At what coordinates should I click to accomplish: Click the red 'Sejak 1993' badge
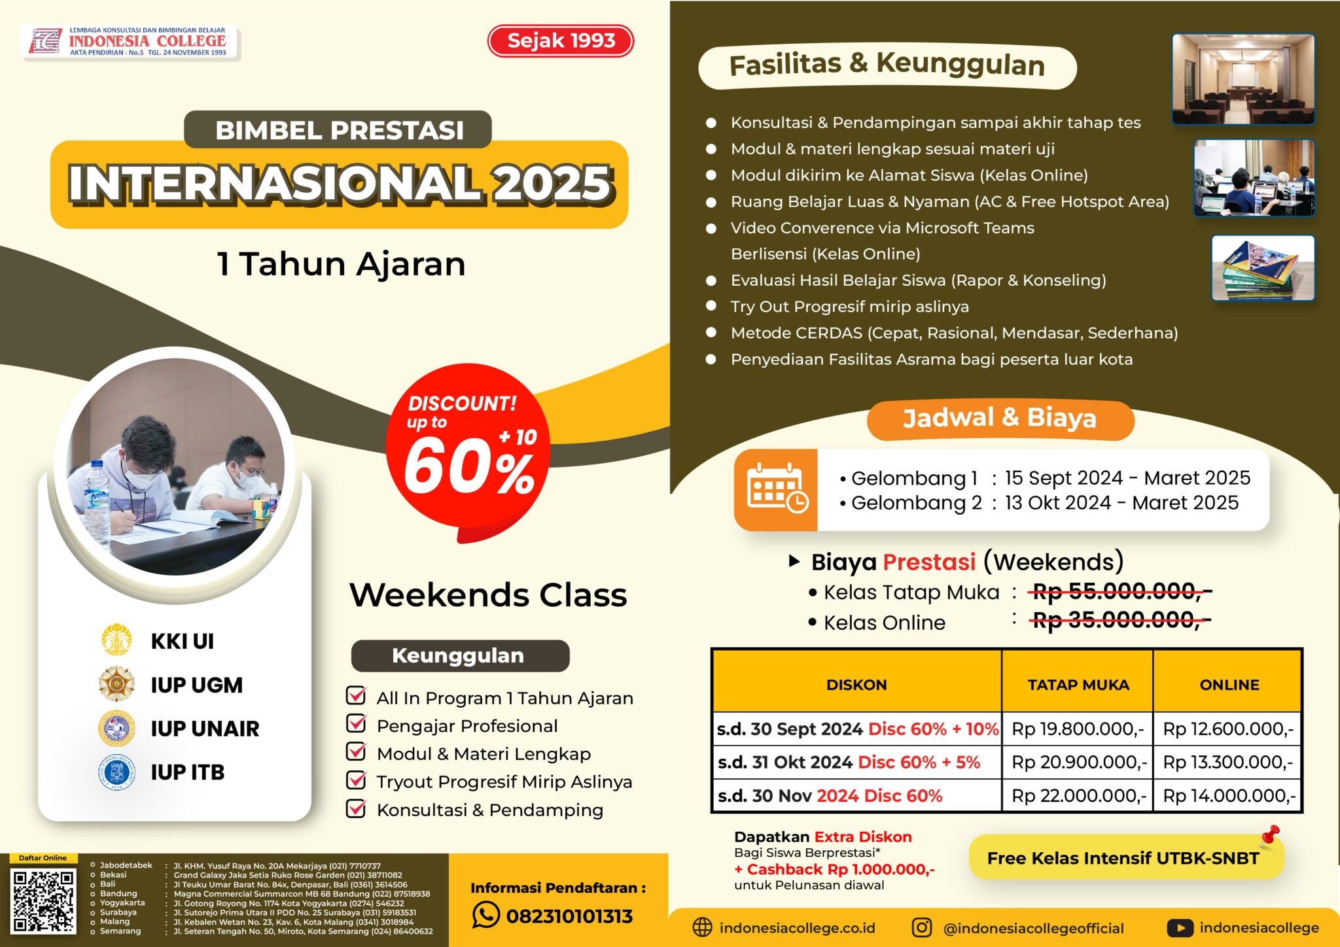click(x=561, y=41)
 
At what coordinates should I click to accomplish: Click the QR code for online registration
click(x=43, y=900)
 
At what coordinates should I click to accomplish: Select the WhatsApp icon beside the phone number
click(x=485, y=914)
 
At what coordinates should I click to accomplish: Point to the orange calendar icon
click(x=776, y=490)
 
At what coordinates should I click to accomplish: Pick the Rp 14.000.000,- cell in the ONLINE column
click(x=1229, y=795)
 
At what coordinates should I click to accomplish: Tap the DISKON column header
click(x=856, y=684)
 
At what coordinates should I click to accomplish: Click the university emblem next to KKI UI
click(x=116, y=640)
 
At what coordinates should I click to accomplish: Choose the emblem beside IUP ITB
click(x=116, y=772)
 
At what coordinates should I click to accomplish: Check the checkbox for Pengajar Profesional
click(x=356, y=723)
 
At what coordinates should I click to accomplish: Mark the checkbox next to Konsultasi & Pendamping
click(x=356, y=808)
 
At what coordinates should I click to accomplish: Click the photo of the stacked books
click(x=1263, y=268)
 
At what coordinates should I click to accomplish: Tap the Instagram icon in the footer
click(x=922, y=927)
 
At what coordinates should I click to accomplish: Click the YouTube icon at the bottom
click(x=1180, y=927)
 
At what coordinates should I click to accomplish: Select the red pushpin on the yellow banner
click(x=1270, y=835)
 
